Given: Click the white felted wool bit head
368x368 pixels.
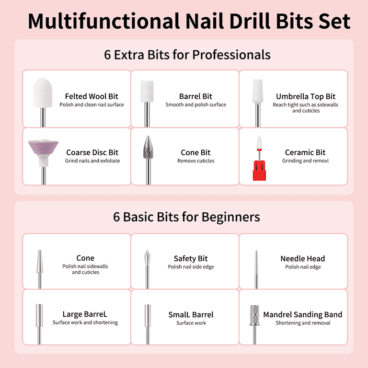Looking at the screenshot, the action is point(43,93).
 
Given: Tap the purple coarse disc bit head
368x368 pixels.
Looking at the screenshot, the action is point(44,147).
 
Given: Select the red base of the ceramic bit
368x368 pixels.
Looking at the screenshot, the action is point(259,171).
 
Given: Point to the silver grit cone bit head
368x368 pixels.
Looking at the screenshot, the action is point(148,147).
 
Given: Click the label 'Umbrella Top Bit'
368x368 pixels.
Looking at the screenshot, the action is point(306,96).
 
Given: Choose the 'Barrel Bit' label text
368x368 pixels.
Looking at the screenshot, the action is point(195,96).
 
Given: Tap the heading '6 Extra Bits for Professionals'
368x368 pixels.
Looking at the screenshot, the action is point(187,55).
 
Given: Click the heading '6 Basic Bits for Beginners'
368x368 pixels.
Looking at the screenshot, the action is point(186,217).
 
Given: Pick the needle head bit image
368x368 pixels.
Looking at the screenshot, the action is point(256,269).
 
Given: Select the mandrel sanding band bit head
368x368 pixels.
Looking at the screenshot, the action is point(254,315).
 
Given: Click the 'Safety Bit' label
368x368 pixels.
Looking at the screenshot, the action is point(191,258).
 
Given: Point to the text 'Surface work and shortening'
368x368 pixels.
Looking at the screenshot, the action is point(85,322).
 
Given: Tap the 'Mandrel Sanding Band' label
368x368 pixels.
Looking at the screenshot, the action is point(302,314).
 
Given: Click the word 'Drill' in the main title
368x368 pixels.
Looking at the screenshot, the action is point(250,21).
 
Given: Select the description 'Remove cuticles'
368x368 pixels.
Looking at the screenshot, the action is point(195,161).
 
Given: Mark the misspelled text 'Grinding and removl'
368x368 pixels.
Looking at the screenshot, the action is point(305,161).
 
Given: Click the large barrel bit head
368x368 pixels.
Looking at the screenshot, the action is point(39,315).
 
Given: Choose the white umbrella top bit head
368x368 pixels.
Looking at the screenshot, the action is point(258,92).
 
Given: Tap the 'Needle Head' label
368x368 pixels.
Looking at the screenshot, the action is point(302,259).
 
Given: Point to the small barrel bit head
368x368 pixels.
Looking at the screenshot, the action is point(148,316).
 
